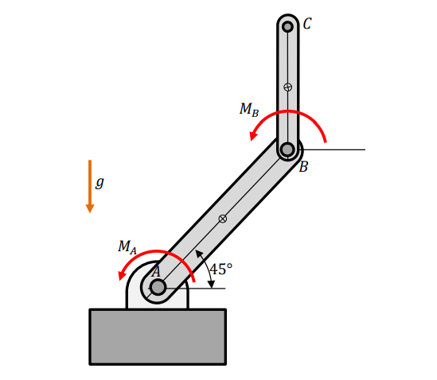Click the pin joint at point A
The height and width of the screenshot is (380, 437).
(158, 287)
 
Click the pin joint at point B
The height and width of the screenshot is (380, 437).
(287, 149)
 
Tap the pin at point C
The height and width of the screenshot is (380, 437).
(287, 27)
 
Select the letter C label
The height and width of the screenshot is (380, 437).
(307, 24)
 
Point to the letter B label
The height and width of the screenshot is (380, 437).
(303, 167)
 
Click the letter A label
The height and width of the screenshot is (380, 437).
(156, 272)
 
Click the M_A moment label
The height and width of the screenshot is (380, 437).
(127, 247)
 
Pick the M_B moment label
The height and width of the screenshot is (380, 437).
(249, 110)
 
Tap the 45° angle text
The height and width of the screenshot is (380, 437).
(220, 269)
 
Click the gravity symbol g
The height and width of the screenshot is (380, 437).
(99, 182)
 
